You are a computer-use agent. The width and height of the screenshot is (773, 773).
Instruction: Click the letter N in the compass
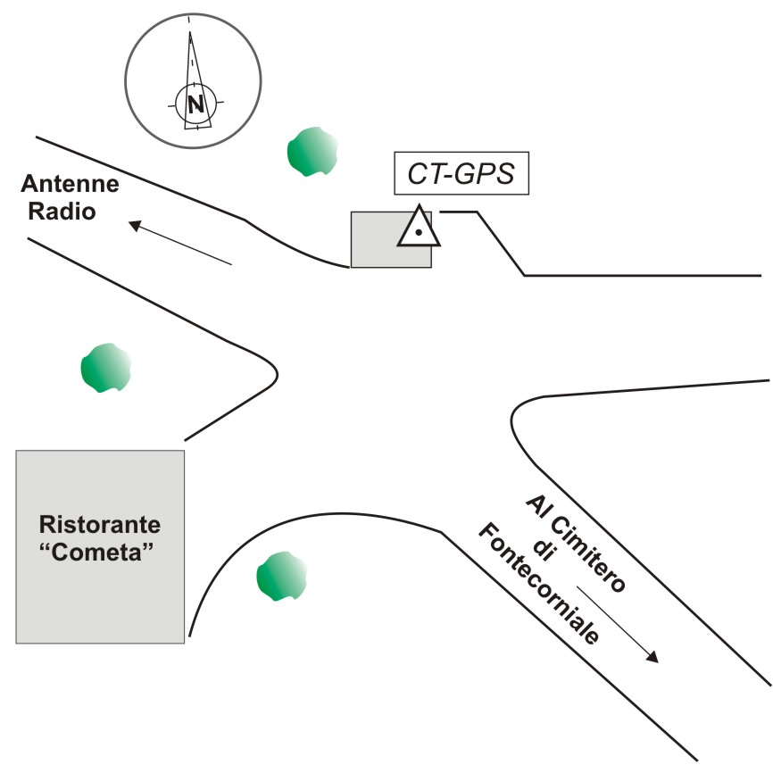tap(194, 104)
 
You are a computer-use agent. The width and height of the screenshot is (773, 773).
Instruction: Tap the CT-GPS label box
tap(461, 173)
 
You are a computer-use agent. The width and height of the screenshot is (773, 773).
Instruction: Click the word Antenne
tap(70, 185)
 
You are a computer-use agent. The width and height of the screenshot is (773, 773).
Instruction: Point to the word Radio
tap(62, 212)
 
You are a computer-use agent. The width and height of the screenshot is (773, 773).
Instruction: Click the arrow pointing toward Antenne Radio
tap(179, 242)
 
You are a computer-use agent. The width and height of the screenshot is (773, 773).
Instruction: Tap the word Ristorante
tap(99, 522)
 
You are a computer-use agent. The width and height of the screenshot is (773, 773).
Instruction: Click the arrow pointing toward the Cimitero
tap(617, 624)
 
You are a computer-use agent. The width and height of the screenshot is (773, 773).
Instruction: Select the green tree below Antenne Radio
tap(106, 368)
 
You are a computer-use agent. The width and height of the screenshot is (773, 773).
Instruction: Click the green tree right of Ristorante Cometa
tap(282, 577)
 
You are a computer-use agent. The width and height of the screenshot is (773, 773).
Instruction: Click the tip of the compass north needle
tap(190, 34)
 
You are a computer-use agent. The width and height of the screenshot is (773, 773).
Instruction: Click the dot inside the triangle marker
tap(418, 233)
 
